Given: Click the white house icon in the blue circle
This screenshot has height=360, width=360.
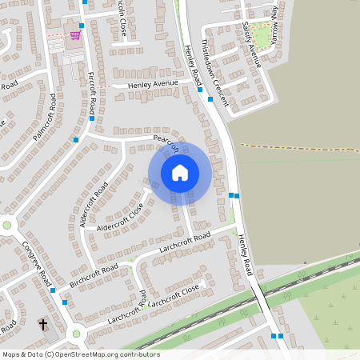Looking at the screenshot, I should click(x=180, y=172).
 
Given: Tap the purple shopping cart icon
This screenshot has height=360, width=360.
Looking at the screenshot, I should click(x=75, y=35).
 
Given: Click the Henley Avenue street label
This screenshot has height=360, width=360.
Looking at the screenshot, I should click(x=148, y=84).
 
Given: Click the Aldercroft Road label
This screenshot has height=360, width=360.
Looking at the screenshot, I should click(x=95, y=204).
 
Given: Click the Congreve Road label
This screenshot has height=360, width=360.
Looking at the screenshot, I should click(x=37, y=264).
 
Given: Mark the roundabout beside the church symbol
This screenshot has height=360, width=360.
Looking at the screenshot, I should click(x=77, y=334).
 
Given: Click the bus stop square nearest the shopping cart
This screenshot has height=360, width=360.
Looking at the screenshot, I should click(x=82, y=26).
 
